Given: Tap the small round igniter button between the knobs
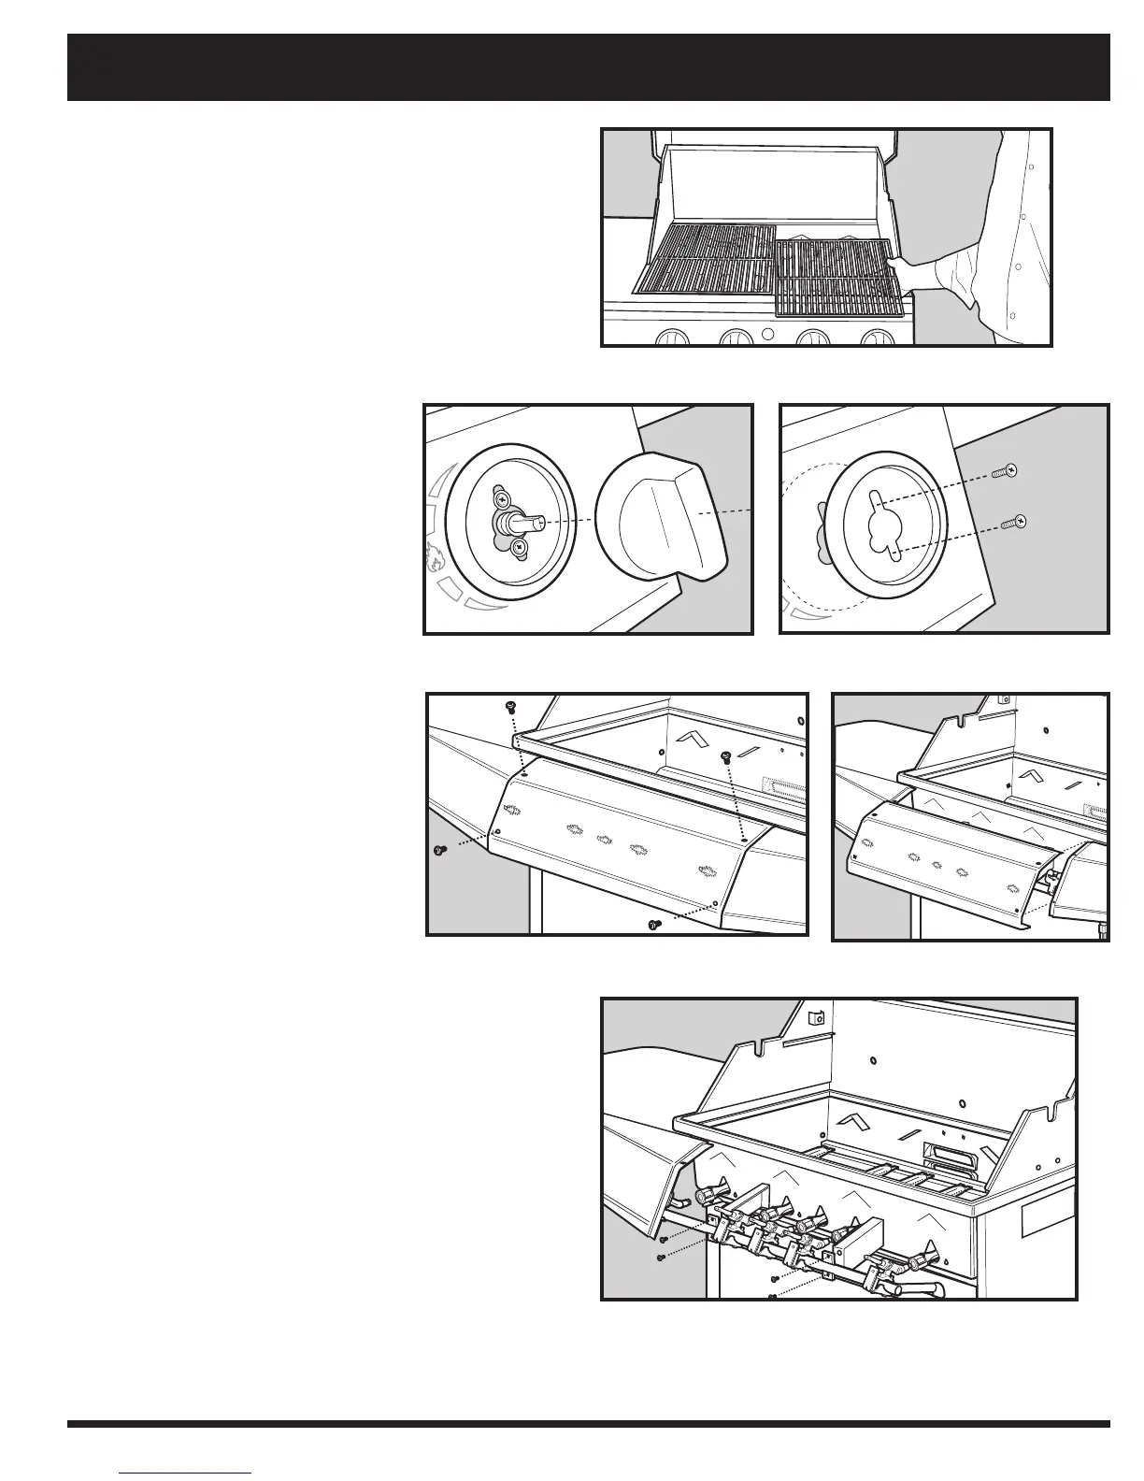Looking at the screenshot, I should click(x=766, y=335).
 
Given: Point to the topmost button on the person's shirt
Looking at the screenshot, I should click(x=1028, y=168).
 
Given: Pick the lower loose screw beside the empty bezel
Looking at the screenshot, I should click(x=1013, y=523).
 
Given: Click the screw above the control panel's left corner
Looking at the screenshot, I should click(x=510, y=708).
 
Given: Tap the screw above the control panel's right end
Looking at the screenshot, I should click(x=725, y=757).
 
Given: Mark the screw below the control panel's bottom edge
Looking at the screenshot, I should click(x=653, y=926).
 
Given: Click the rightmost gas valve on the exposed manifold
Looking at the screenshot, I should click(x=930, y=1254).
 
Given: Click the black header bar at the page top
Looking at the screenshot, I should click(x=589, y=67).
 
